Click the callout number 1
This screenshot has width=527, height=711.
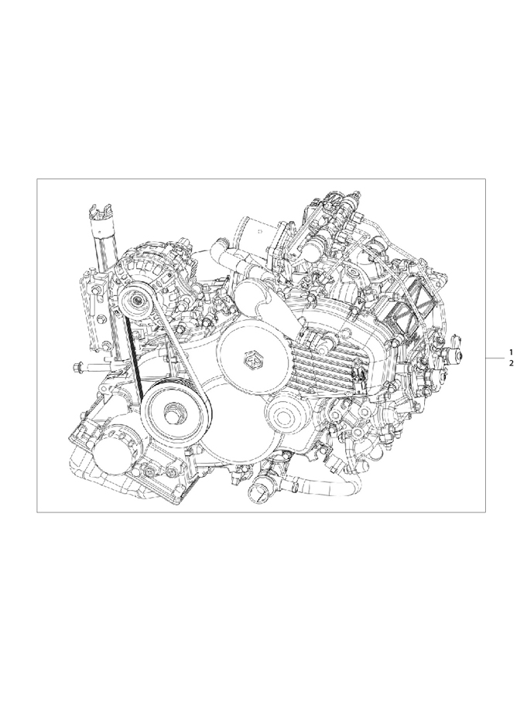(x=511, y=352)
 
